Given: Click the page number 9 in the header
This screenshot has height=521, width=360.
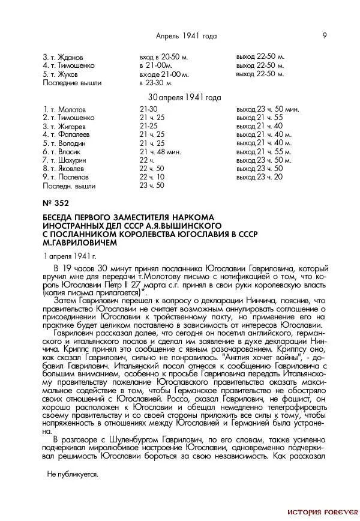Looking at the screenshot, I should [325, 35].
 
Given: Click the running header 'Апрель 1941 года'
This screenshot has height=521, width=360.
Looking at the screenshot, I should [186, 36].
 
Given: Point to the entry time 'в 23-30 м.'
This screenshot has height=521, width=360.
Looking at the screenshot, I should [155, 83].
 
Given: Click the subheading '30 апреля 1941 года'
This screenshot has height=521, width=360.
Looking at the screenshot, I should [184, 97].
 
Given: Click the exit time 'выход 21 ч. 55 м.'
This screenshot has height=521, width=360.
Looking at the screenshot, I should [263, 152].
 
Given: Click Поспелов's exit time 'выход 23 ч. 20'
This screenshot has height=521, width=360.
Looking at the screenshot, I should [259, 178].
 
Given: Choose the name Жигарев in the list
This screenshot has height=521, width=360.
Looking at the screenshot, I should [70, 127].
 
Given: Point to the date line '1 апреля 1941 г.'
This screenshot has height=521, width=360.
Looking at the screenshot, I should [69, 256].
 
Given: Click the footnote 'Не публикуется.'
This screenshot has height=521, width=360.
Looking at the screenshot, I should [72, 474].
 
